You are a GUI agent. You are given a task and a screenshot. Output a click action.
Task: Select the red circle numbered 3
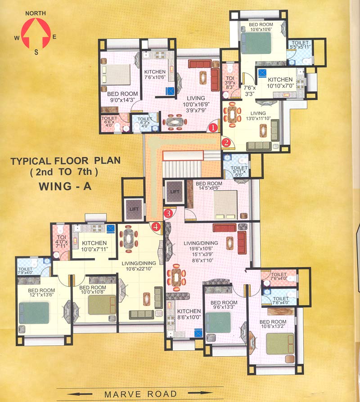point(168,213)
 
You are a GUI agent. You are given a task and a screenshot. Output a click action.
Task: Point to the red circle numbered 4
point(156,227)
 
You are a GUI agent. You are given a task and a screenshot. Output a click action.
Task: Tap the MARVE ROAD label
point(140,394)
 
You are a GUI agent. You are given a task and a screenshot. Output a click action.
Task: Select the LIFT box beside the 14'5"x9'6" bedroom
point(175,192)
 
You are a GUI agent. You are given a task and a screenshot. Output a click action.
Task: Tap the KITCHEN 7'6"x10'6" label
point(155,75)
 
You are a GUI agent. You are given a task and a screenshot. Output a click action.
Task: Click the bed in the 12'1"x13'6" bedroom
point(34,313)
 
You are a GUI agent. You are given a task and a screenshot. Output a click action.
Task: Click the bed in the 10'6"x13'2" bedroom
point(279,344)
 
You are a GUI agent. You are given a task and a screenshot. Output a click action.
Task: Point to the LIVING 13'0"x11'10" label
point(258,116)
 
